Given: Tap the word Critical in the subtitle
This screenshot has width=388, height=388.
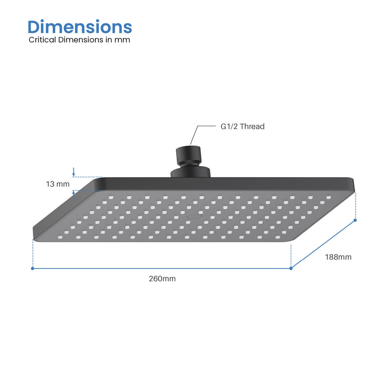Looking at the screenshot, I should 42,40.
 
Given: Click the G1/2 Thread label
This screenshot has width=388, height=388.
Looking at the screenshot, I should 242,126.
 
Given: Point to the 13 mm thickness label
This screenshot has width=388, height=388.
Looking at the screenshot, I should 57,184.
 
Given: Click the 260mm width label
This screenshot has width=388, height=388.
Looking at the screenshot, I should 162,279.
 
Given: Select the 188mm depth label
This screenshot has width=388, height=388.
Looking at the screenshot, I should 338,257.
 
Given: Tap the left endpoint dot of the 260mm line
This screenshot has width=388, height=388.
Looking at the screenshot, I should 32,269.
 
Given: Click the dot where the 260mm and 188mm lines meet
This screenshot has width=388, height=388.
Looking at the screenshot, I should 291,268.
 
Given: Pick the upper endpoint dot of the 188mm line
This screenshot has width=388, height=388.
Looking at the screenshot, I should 355,220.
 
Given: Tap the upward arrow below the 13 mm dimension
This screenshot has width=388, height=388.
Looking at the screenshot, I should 74,194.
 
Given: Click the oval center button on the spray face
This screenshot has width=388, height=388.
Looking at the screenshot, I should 194,216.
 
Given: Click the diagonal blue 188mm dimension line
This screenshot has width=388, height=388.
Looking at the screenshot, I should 323,244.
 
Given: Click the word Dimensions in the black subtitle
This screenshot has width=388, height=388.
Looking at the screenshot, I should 81,40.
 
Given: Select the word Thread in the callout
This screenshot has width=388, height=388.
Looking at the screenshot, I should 252,126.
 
